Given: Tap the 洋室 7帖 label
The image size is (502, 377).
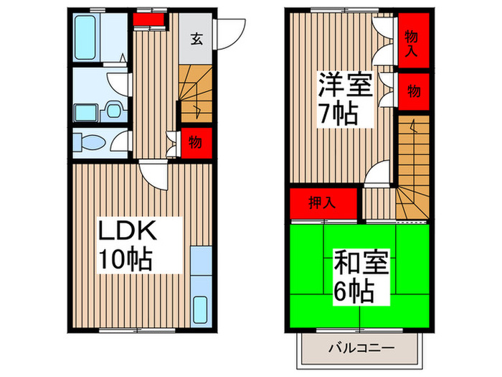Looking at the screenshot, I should (346, 101).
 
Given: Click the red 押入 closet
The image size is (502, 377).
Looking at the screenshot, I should (323, 203).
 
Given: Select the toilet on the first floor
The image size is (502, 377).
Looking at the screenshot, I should (87, 142).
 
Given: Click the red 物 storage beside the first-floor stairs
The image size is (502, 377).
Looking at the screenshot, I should (194, 142).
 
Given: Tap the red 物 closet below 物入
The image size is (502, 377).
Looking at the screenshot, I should (414, 91).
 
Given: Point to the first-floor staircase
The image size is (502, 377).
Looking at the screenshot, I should (194, 93).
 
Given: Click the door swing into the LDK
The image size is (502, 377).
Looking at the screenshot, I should (153, 172).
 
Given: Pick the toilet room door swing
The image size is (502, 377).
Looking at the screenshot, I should (120, 141).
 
